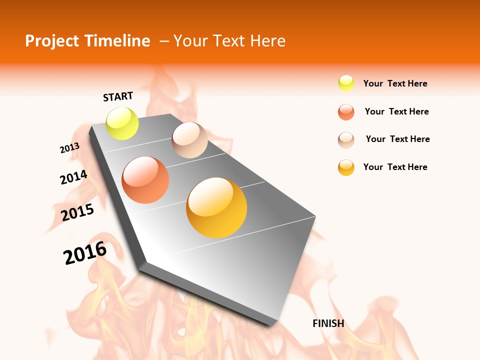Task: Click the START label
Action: pyautogui.click(x=118, y=96)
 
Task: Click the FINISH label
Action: pyautogui.click(x=328, y=323)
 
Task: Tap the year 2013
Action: pyautogui.click(x=69, y=148)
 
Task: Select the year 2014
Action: pyautogui.click(x=73, y=177)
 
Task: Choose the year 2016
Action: pyautogui.click(x=85, y=252)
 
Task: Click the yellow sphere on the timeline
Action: pyautogui.click(x=122, y=123)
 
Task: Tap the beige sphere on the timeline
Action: pyautogui.click(x=189, y=140)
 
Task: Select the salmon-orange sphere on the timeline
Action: pyautogui.click(x=145, y=180)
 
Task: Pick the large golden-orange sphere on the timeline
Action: pyautogui.click(x=216, y=207)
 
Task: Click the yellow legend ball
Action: pyautogui.click(x=346, y=83)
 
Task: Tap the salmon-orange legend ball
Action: pyautogui.click(x=346, y=112)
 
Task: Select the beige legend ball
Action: pyautogui.click(x=346, y=139)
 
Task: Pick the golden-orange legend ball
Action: pyautogui.click(x=346, y=167)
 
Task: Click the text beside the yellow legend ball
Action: pyautogui.click(x=395, y=83)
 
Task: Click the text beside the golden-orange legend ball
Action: pyautogui.click(x=395, y=167)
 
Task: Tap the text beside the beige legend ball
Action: pyautogui.click(x=397, y=139)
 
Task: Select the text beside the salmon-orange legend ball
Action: pyautogui.click(x=396, y=111)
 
